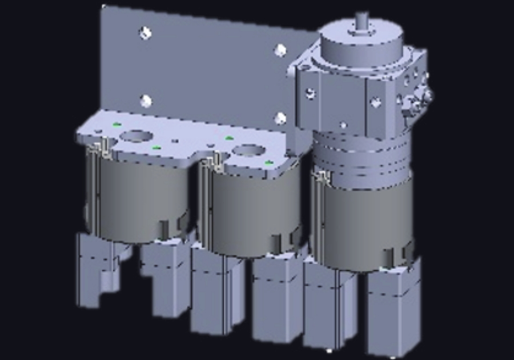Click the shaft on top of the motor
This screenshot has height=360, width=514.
click(361, 22)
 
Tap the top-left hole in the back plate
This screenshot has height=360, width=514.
click(145, 33)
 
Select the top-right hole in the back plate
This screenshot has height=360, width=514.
click(280, 50)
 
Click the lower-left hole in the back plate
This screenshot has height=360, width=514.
click(146, 102)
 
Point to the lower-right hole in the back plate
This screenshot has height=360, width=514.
click(280, 118)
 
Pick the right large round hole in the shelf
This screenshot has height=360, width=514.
click(248, 151)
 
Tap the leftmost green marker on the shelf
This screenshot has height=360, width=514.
click(117, 124)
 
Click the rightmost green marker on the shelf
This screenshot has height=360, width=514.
click(268, 163)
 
